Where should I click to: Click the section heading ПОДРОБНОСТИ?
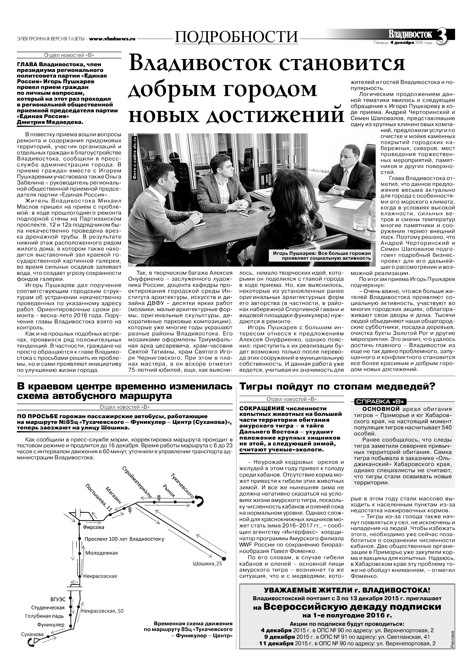[236, 37]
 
